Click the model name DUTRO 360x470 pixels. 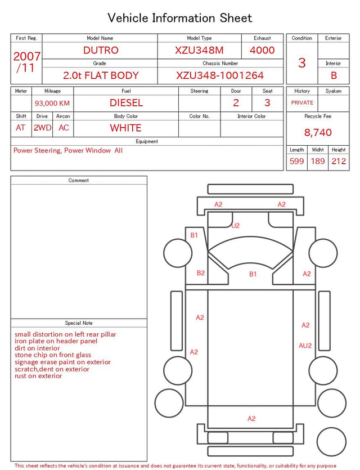coord(101,50)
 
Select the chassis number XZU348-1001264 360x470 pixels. coord(220,75)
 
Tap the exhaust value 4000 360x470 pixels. coord(262,50)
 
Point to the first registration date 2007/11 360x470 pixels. coord(26,62)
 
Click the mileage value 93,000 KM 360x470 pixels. coord(52,104)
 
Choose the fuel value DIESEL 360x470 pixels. coord(127,103)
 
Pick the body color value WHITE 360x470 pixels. coord(125,128)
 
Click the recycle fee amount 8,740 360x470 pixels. coord(318,132)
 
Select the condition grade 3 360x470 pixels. coord(302,63)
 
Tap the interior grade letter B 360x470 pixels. coord(334,75)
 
